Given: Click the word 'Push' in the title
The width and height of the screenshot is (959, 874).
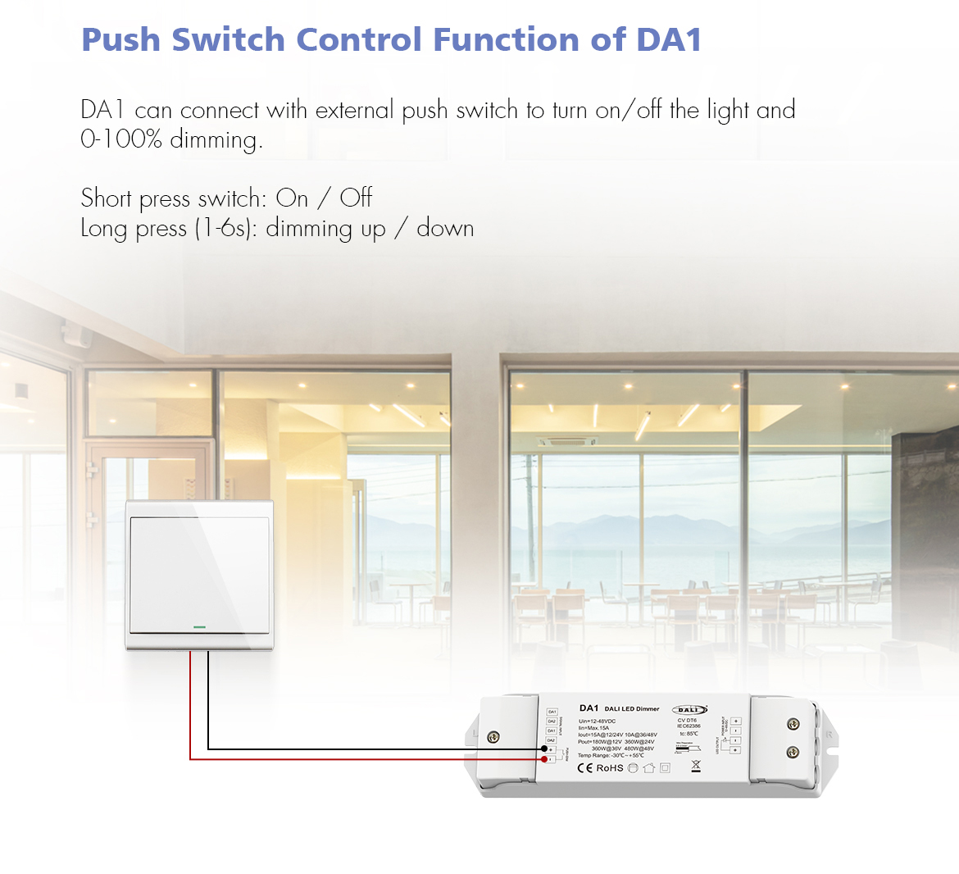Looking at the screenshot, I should click(x=121, y=39).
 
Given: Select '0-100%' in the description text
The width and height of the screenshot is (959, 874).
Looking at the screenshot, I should click(x=120, y=139).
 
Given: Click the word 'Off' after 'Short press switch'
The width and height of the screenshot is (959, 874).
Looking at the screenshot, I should click(x=356, y=198).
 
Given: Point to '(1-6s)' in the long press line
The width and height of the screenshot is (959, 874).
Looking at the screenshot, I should click(x=222, y=228).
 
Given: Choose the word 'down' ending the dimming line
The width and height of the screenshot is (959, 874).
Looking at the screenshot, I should click(x=445, y=228).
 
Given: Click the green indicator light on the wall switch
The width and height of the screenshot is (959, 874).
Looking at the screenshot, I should click(x=199, y=628).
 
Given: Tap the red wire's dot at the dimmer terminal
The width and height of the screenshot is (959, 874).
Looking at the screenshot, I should click(x=543, y=759).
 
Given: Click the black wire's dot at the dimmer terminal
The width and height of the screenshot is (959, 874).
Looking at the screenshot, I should click(x=543, y=749).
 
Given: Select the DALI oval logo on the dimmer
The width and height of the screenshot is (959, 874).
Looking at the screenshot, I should click(x=689, y=710).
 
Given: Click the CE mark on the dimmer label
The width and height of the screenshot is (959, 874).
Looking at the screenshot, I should click(x=584, y=768).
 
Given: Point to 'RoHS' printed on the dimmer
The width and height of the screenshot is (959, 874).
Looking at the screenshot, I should click(x=609, y=768).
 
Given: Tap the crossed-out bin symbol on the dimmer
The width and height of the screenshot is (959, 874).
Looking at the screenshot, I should click(x=696, y=767).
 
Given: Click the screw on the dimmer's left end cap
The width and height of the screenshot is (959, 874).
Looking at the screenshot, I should click(x=493, y=737).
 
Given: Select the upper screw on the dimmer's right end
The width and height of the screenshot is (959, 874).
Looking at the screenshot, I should click(x=793, y=724).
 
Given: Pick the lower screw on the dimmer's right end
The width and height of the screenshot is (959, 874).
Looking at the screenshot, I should click(x=793, y=752).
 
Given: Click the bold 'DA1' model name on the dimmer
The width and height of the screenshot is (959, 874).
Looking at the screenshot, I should click(x=589, y=708).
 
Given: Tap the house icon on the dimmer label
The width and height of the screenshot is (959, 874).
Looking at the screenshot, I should click(x=649, y=768).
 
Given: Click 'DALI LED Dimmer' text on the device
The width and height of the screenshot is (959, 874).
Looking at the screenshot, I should click(x=632, y=708).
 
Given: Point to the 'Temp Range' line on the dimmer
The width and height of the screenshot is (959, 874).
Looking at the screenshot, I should click(x=611, y=755).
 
